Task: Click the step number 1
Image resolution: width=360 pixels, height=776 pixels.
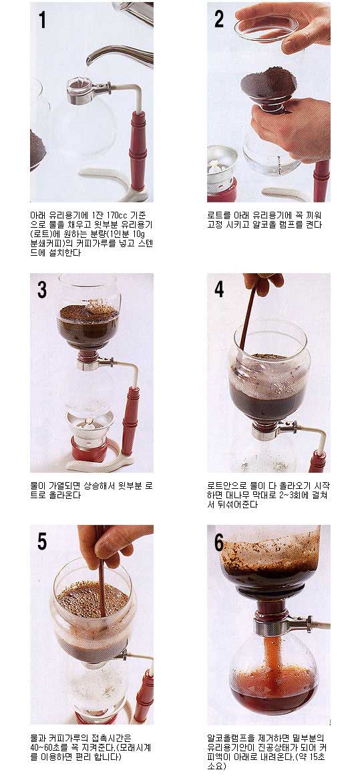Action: (x=42, y=21)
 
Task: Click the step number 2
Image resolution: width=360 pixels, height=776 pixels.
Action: (x=219, y=19)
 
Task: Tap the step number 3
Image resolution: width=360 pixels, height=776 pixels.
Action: (x=42, y=290)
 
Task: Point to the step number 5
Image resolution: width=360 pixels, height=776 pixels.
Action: (x=42, y=542)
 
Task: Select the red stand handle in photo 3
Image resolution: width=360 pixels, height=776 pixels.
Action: (x=130, y=421)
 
